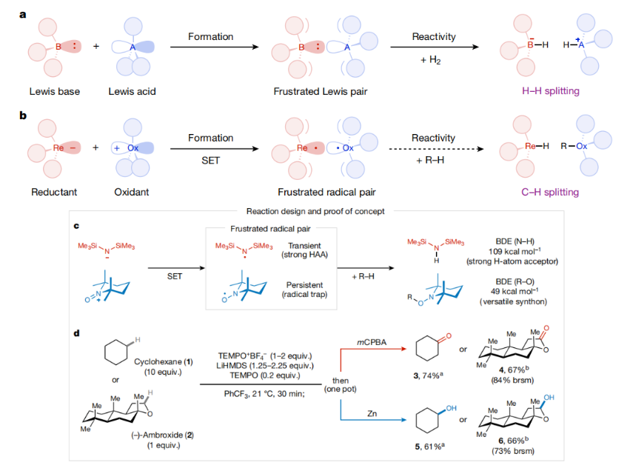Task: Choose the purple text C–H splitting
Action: click(549, 193)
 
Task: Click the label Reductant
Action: click(54, 193)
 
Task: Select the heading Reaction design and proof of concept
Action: click(315, 210)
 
